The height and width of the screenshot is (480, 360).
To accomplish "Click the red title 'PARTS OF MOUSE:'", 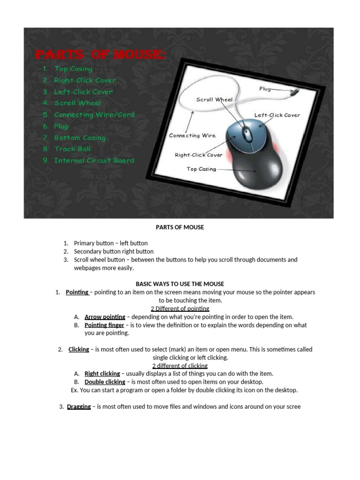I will coord(101,54).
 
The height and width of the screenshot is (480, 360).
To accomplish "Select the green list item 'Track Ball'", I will coord(72,149).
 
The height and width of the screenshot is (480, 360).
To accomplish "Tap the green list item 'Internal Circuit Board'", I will coord(94,160).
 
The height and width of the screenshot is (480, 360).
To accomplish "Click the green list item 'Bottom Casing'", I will coord(80,138).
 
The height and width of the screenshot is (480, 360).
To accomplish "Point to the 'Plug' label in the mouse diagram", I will coord(265,89).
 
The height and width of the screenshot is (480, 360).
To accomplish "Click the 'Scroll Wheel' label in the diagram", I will coord(214,99).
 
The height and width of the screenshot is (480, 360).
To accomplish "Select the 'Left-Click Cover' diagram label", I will coord(277,115).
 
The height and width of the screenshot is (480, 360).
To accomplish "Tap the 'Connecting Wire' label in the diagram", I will coord(192,135).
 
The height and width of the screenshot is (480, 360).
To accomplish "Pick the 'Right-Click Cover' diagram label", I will coord(199,155).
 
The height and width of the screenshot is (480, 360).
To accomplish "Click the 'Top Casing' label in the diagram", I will coord(202,169).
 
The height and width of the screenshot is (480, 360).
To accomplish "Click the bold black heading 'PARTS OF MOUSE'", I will coord(180,227).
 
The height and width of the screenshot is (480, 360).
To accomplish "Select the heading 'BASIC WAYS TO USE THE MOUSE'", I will coord(180,284).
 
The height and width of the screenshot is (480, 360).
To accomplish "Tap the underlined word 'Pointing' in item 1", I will coord(77,292).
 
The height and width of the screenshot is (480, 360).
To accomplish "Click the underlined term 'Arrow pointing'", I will coord(105,317).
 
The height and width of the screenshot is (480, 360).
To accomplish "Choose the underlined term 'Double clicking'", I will coord(105,382).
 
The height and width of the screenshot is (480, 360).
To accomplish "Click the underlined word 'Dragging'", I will coord(79,406).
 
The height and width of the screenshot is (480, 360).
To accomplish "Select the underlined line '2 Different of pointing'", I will coord(180,308).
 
